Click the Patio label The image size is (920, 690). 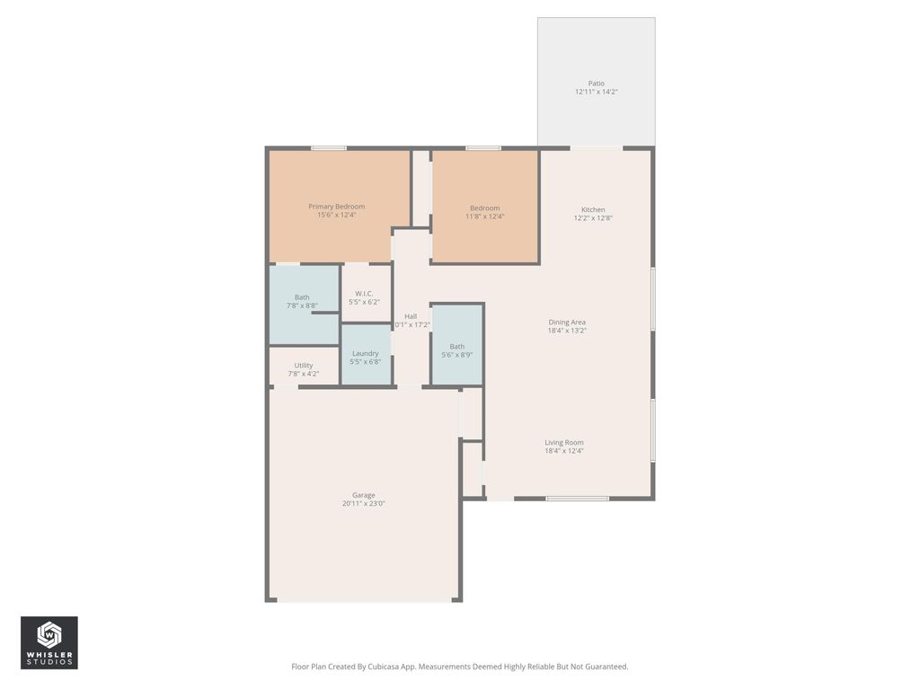coord(596,84)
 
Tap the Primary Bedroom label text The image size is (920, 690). coord(336,207)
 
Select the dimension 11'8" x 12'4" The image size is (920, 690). coord(484,217)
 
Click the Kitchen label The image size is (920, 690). coord(593,209)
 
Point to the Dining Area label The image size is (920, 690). coord(567,322)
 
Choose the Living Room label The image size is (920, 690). coord(563,442)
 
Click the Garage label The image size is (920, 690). coord(363,495)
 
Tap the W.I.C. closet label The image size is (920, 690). coord(364,294)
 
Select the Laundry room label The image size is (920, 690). coord(365,353)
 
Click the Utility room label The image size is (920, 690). coord(303,366)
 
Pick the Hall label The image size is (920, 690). coord(411,316)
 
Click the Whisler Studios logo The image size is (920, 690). coord(49,642)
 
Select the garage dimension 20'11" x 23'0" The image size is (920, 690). coord(363,504)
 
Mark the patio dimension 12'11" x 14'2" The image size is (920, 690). coord(596,93)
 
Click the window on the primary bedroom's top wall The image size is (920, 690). coord(329,148)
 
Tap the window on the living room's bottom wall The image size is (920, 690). coord(577,498)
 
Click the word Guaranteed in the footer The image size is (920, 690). coord(605,667)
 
